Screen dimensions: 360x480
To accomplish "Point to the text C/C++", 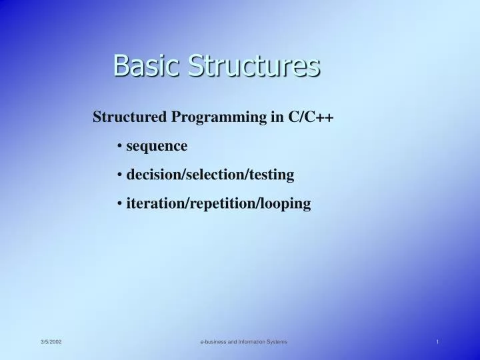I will [311, 117].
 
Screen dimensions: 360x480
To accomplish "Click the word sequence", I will [157, 145].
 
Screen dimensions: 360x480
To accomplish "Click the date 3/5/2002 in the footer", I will [51, 342].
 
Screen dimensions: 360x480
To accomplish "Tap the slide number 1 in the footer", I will [437, 342].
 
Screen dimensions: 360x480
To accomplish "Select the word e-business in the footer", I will [215, 342].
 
